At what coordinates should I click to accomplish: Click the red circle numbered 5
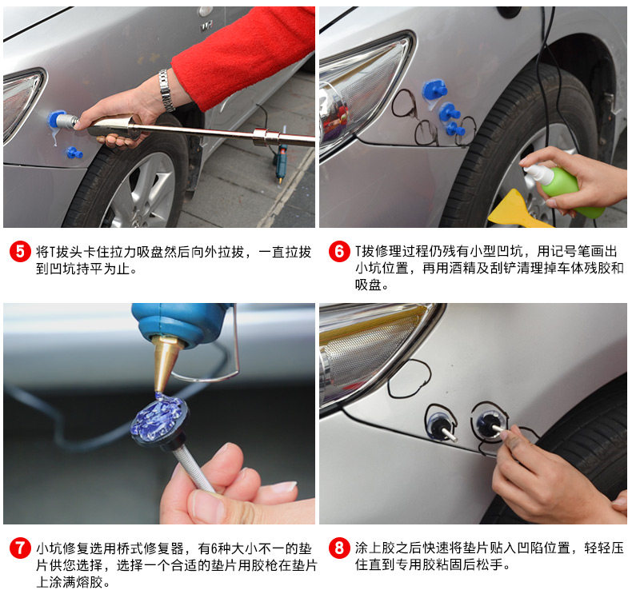(x=20, y=252)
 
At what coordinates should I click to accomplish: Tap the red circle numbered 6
(x=339, y=252)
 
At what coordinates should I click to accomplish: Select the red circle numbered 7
(x=20, y=548)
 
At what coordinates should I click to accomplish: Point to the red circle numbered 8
(x=339, y=548)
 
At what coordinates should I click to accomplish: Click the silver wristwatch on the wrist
(x=166, y=90)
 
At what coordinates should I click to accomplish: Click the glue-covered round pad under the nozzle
(x=159, y=420)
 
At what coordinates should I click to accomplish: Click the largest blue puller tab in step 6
(x=434, y=90)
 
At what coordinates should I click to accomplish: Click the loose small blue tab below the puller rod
(x=74, y=153)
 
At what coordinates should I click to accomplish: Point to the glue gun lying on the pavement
(x=281, y=161)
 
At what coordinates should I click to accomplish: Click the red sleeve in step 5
(x=242, y=57)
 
